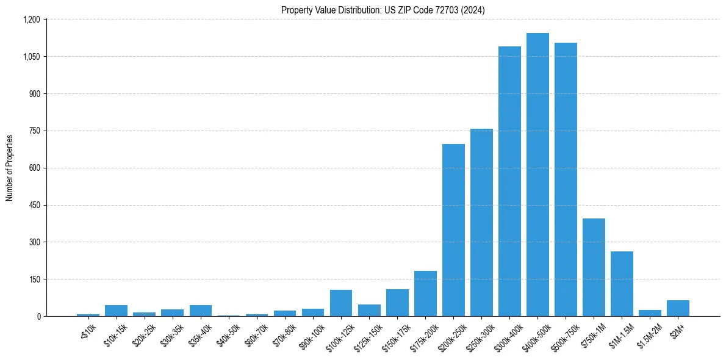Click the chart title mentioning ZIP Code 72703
pos(383,10)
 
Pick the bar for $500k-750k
pos(566,179)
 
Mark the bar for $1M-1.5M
pos(622,284)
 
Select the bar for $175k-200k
pos(425,293)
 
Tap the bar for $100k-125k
pos(341,303)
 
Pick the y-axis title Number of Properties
pos(10,168)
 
